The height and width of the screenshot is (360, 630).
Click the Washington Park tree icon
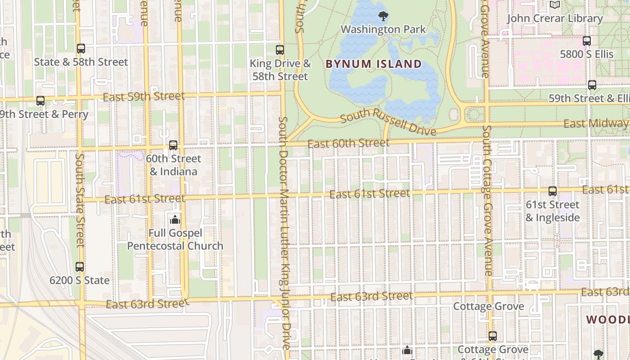click(x=383, y=17)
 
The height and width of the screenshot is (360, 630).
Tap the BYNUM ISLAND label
click(x=373, y=64)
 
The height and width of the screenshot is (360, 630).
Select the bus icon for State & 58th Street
click(x=81, y=49)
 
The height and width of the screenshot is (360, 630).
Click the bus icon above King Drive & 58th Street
click(x=280, y=50)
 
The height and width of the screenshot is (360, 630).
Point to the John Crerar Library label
click(x=554, y=18)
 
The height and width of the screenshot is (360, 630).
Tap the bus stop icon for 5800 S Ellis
click(x=587, y=41)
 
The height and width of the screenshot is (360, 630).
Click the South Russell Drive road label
click(x=388, y=121)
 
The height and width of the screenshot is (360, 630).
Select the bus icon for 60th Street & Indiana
click(x=173, y=145)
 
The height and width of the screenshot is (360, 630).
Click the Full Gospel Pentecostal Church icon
click(x=175, y=220)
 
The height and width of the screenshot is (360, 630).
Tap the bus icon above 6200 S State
click(x=80, y=267)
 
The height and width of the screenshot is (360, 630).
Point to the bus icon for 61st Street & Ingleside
click(x=553, y=191)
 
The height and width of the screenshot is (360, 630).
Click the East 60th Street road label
click(x=349, y=144)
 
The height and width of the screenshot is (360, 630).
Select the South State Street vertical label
click(x=80, y=200)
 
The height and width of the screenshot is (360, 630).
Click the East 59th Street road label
click(x=144, y=97)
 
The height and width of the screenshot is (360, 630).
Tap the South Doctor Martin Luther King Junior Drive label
click(x=284, y=233)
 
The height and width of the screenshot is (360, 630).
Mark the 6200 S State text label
click(x=80, y=280)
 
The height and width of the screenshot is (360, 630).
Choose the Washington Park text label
click(x=383, y=30)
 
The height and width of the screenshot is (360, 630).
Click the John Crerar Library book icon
click(x=554, y=5)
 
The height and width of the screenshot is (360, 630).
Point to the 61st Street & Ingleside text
click(x=553, y=211)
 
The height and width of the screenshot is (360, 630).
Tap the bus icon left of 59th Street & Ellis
click(x=592, y=85)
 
